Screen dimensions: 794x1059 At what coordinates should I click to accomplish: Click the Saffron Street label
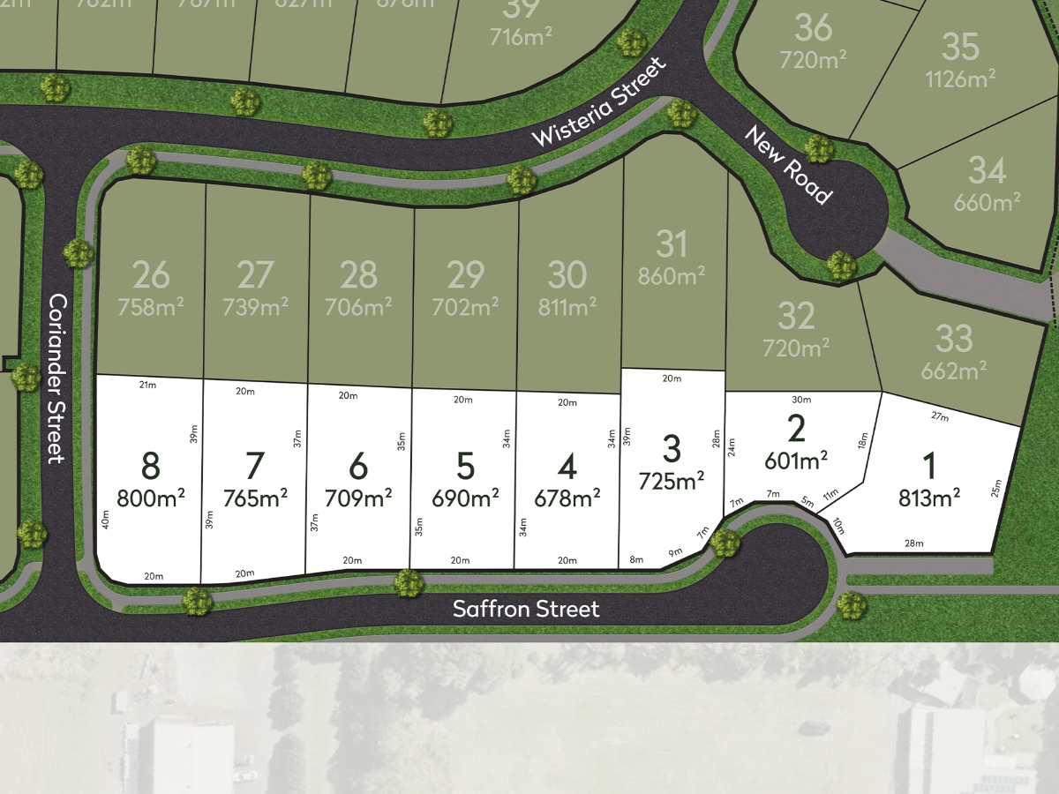[526, 609]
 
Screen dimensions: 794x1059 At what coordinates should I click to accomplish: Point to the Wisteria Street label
[597, 103]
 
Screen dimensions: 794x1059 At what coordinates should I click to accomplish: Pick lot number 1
[929, 466]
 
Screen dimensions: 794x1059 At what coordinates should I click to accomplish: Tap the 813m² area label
[929, 498]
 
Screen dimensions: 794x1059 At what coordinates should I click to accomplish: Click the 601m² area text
[796, 460]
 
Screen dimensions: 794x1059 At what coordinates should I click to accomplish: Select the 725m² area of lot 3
[672, 481]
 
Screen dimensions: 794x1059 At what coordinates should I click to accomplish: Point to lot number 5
[465, 465]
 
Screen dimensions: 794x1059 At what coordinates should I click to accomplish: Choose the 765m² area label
[255, 498]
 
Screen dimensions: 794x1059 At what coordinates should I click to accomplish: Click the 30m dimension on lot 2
[800, 399]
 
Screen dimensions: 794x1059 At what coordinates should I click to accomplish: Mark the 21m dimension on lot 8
[147, 385]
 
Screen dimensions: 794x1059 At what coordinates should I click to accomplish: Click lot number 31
[672, 243]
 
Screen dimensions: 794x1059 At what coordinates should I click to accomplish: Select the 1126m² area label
[960, 79]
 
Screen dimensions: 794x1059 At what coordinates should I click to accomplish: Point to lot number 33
[953, 339]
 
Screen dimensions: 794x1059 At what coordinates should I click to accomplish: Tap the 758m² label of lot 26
[150, 308]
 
